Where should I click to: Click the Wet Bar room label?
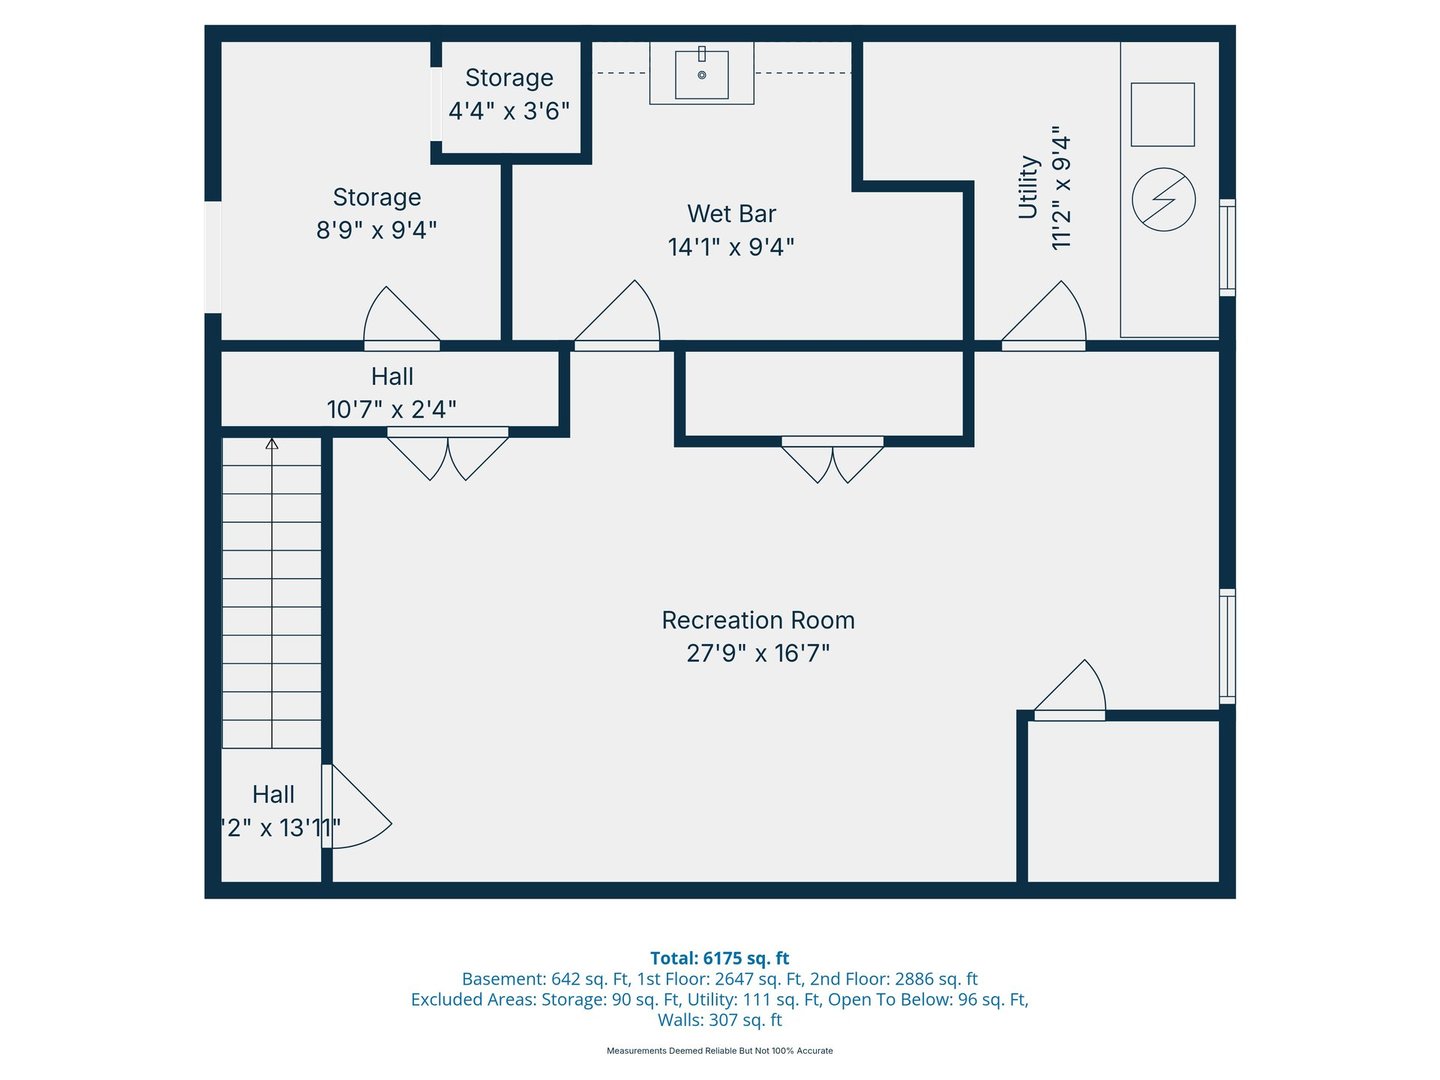(x=731, y=214)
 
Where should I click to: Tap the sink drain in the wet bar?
(x=701, y=75)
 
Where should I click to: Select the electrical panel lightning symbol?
(x=1163, y=199)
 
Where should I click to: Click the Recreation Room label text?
(x=758, y=620)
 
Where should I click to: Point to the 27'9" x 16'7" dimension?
(x=758, y=654)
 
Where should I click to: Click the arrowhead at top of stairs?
(x=272, y=444)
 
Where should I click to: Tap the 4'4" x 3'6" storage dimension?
(x=508, y=111)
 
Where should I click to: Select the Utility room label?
(x=1028, y=187)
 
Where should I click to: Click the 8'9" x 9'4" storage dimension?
(x=377, y=230)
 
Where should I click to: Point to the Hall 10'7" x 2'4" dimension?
(x=392, y=410)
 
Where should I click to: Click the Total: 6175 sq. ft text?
(x=720, y=958)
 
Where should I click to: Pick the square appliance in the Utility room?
(x=1162, y=115)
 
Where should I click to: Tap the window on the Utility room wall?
(x=1227, y=247)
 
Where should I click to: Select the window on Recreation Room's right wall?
(x=1227, y=647)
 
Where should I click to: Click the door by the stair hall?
(x=357, y=807)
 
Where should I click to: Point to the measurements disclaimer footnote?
(x=720, y=1050)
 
